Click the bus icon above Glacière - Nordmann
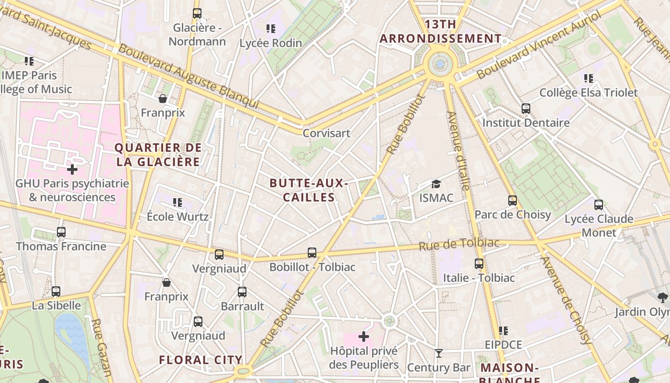(197, 13)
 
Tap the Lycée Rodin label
(271, 43)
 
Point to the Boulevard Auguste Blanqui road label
(189, 77)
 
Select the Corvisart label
(326, 133)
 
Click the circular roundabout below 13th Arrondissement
(440, 64)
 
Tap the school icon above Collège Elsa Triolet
(588, 78)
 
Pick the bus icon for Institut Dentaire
(526, 109)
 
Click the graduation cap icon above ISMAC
(435, 184)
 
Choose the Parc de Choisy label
(513, 214)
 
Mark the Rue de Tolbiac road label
(458, 244)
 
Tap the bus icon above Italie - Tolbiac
(479, 263)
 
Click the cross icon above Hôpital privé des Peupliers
(364, 337)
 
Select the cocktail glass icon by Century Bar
(438, 353)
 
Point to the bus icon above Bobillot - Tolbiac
(312, 252)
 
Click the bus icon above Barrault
(242, 292)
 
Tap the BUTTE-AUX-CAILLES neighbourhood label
(308, 190)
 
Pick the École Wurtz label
(178, 216)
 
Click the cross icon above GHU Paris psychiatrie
(72, 169)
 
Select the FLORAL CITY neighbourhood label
(201, 360)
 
